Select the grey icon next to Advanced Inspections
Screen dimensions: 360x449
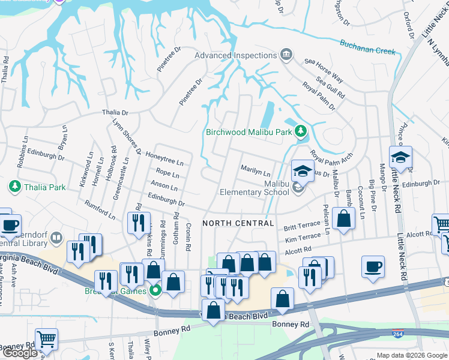click(x=286, y=56)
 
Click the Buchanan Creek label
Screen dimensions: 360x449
click(x=367, y=47)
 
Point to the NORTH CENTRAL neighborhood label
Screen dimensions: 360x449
click(x=238, y=223)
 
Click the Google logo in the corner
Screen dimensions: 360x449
click(x=20, y=353)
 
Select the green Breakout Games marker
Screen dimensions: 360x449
click(x=154, y=292)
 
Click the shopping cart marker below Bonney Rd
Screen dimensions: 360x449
click(x=46, y=339)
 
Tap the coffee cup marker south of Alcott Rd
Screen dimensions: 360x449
click(x=373, y=266)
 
